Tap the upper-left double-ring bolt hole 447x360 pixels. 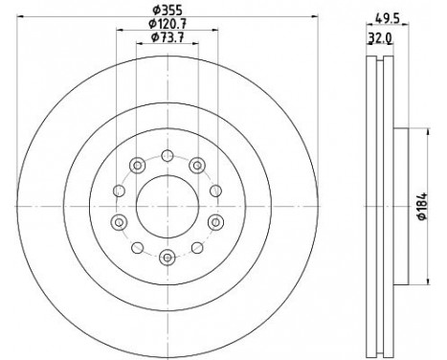(x=137, y=163)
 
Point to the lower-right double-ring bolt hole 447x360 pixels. (x=214, y=222)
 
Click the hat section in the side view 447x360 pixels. (x=400, y=204)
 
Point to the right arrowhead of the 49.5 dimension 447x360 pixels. (x=410, y=25)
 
